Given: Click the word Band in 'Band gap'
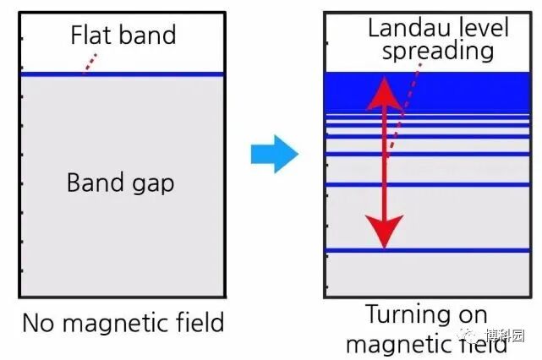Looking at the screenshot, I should (x=96, y=182).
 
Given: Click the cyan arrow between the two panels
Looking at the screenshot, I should (x=274, y=155).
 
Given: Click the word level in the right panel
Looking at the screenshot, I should (x=482, y=27).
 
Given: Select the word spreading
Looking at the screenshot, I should (x=437, y=51).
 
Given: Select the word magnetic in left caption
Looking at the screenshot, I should (x=122, y=325).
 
